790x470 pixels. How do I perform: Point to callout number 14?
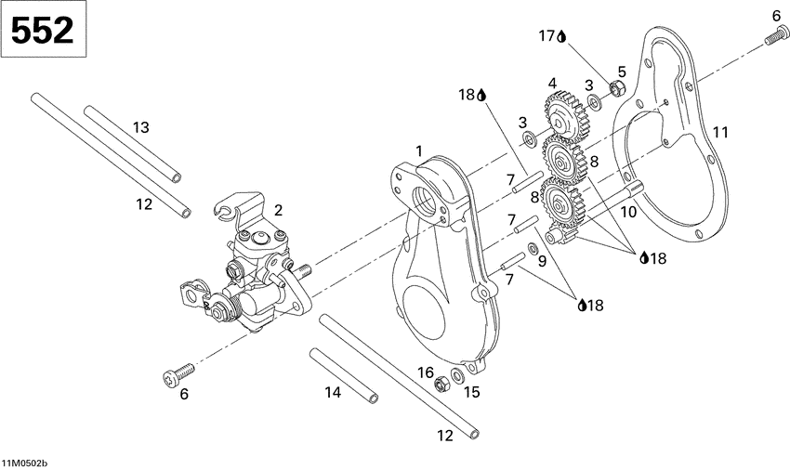[x=333, y=393]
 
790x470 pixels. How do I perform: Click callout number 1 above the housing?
[x=419, y=150]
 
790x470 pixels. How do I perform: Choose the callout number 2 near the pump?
[x=278, y=210]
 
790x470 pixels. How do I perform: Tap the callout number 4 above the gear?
[x=552, y=83]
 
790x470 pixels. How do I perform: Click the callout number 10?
[x=629, y=213]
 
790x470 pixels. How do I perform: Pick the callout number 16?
[x=426, y=372]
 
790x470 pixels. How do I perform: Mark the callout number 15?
[x=471, y=392]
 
